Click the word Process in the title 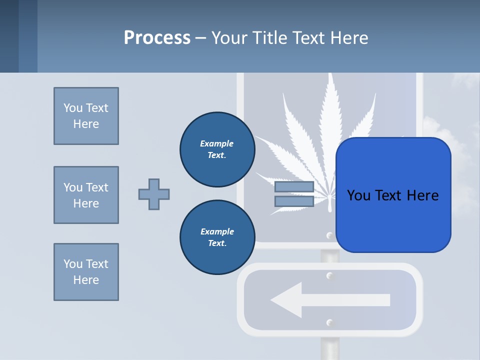(x=157, y=37)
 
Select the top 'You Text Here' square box (x=86, y=116)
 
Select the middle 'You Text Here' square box (x=86, y=195)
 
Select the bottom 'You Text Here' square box (x=86, y=272)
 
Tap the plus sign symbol (x=154, y=194)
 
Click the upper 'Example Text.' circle (x=217, y=149)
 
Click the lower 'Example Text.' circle (x=217, y=237)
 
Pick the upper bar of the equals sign (x=294, y=187)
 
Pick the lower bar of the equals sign (x=294, y=201)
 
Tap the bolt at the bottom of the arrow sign (x=329, y=322)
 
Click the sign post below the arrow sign (x=329, y=347)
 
